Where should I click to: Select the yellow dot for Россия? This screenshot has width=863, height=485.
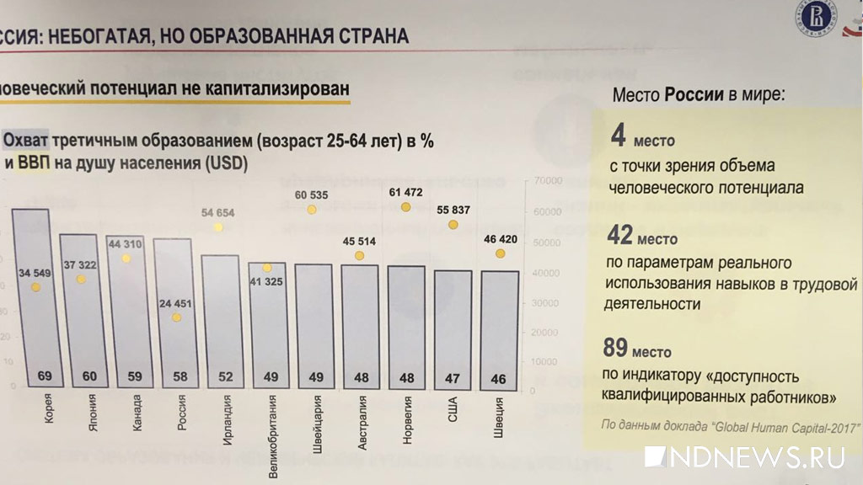[x=176, y=317]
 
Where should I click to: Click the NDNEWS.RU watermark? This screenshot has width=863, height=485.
[x=745, y=457]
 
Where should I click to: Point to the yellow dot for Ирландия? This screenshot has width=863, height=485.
[x=218, y=227]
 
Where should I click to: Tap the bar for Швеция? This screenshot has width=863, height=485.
[x=498, y=328]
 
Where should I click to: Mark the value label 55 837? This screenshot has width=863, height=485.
[x=452, y=210]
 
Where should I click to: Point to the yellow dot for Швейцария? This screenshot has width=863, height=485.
[x=312, y=210]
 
